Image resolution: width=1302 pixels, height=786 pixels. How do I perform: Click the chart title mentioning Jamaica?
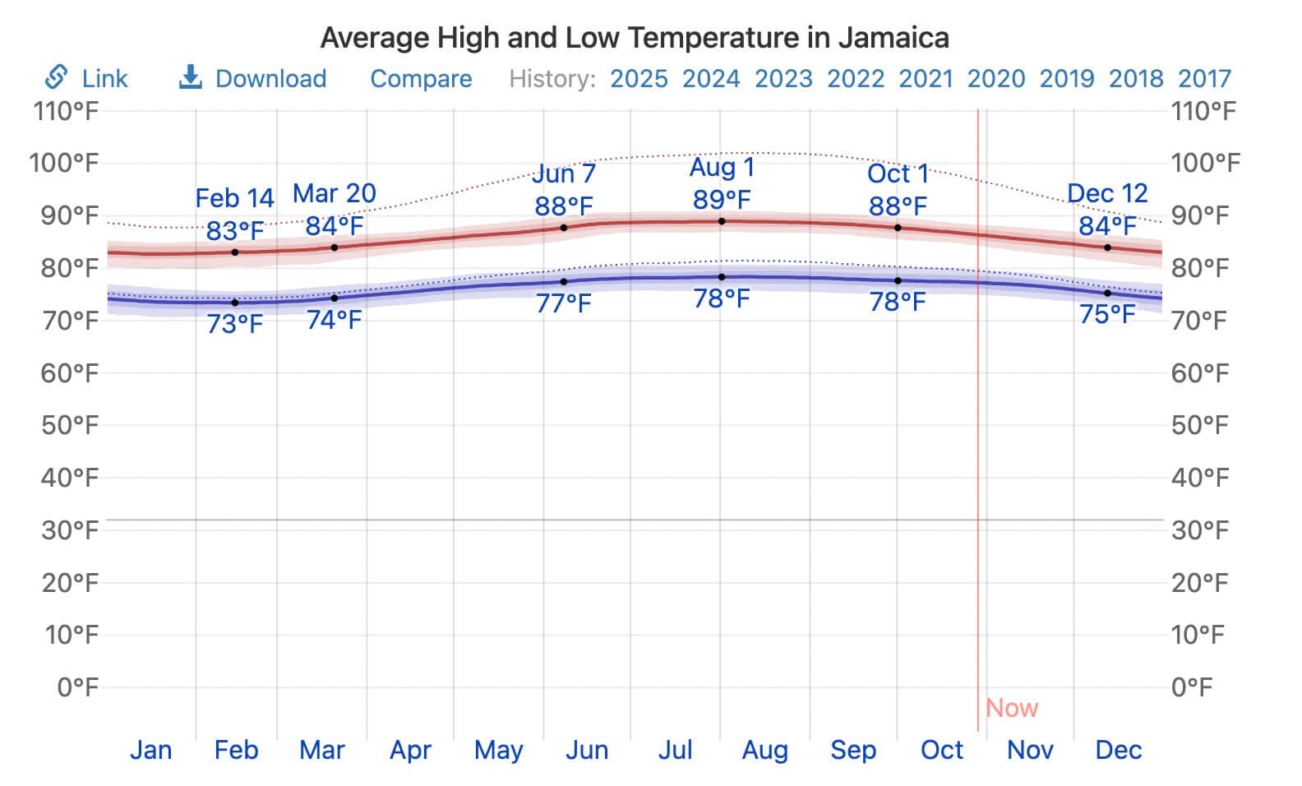(634, 38)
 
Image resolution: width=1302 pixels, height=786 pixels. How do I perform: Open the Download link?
(270, 79)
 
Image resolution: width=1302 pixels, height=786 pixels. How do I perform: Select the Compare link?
(421, 79)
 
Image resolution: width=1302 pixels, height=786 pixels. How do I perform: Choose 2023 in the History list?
(783, 79)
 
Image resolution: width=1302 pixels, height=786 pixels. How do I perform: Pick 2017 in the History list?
(1204, 79)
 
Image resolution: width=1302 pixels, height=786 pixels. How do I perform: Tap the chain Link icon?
(56, 77)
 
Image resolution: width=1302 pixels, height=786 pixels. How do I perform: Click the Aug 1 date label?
(721, 168)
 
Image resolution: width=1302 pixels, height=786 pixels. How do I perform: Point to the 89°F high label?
(721, 200)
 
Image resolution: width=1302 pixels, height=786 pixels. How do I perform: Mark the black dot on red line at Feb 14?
(235, 252)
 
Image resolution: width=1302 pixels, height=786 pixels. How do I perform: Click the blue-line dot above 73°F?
(235, 303)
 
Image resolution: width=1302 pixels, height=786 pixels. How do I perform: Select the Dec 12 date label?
(1106, 193)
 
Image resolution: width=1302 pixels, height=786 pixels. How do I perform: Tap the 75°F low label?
(1106, 314)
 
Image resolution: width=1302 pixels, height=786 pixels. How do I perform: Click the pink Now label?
(1012, 708)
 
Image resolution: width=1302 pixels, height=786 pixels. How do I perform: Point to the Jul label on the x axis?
(676, 750)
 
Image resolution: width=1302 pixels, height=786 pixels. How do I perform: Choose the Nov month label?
(1030, 750)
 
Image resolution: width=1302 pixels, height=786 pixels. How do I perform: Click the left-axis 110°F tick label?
(66, 111)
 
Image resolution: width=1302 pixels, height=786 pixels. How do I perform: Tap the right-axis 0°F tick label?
(1192, 687)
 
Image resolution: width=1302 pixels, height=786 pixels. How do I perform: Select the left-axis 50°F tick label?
(70, 425)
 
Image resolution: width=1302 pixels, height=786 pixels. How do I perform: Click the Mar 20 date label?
(335, 193)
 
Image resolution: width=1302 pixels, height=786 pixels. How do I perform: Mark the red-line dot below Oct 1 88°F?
(898, 228)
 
